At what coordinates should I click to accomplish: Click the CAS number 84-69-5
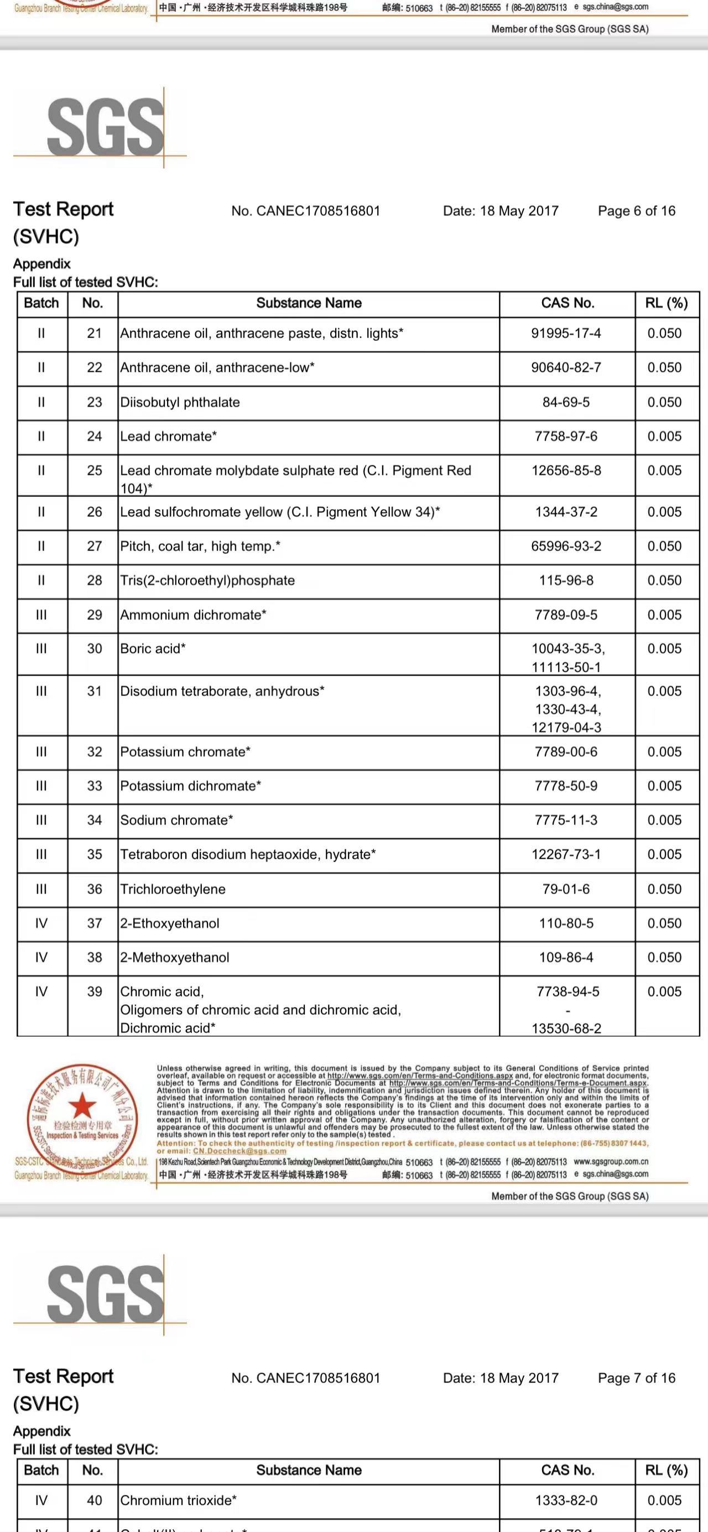point(566,402)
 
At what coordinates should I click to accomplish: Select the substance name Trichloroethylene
point(173,889)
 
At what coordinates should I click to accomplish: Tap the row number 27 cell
point(94,546)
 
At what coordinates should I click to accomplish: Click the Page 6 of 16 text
point(636,211)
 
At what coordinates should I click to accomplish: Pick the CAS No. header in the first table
point(567,303)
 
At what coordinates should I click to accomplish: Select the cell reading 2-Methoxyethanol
point(175,958)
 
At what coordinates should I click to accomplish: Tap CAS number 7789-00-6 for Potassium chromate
point(566,752)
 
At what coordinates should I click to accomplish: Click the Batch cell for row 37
point(41,923)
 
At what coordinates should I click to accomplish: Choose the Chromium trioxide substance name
point(178,1500)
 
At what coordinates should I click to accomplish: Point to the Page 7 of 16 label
point(636,1378)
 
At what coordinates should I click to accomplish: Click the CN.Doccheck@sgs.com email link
point(240,1151)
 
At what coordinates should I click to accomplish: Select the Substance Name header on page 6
point(309,303)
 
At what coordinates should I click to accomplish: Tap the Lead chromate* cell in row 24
point(168,437)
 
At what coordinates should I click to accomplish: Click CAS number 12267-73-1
point(566,855)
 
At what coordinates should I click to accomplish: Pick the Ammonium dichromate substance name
point(193,615)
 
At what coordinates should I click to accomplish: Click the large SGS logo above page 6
point(105,127)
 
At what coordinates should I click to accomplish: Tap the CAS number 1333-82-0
point(566,1500)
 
